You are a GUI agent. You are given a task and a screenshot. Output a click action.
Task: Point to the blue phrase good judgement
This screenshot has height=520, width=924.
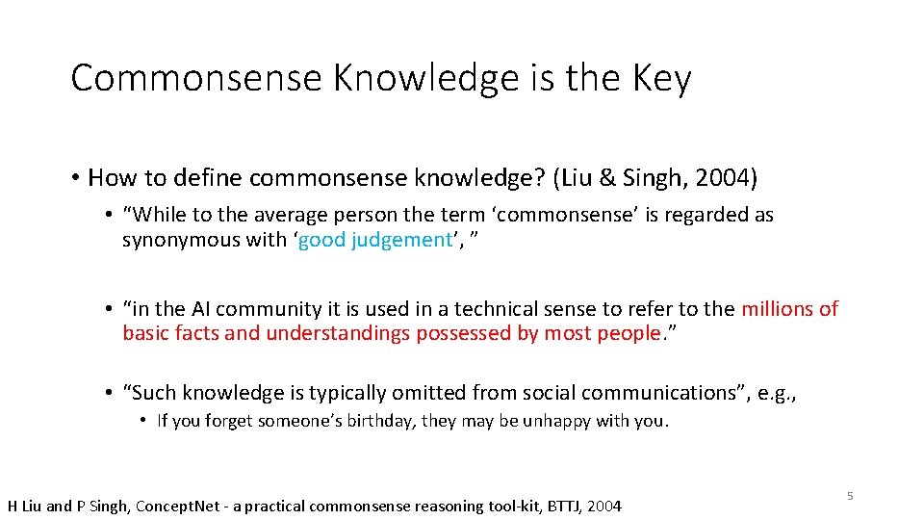[375, 240]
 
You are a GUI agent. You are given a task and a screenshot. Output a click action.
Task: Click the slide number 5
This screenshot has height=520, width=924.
[850, 495]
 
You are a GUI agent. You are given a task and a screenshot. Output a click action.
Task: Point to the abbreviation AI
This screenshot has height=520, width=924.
[201, 309]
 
